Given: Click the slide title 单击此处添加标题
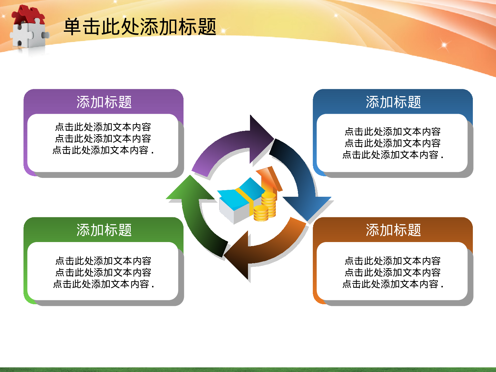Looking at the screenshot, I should pyautogui.click(x=140, y=27).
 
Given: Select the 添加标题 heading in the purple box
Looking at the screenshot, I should pyautogui.click(x=104, y=102).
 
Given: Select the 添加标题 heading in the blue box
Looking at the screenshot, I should pyautogui.click(x=393, y=102).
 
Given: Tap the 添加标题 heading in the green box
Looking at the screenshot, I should pyautogui.click(x=104, y=230).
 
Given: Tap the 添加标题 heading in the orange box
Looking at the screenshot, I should pyautogui.click(x=393, y=230).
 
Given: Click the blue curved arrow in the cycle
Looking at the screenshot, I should pyautogui.click(x=301, y=179).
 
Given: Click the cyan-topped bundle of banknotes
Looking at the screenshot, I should pyautogui.click(x=238, y=202).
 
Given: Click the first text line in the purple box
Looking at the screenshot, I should pyautogui.click(x=103, y=127).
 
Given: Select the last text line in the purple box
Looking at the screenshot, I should pyautogui.click(x=103, y=150).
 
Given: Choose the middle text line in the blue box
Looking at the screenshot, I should pyautogui.click(x=393, y=143).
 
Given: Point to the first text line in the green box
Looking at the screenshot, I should pyautogui.click(x=103, y=261).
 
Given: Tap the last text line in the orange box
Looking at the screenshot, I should pyautogui.click(x=393, y=284).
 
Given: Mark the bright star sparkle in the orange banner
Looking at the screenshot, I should pyautogui.click(x=444, y=45).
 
